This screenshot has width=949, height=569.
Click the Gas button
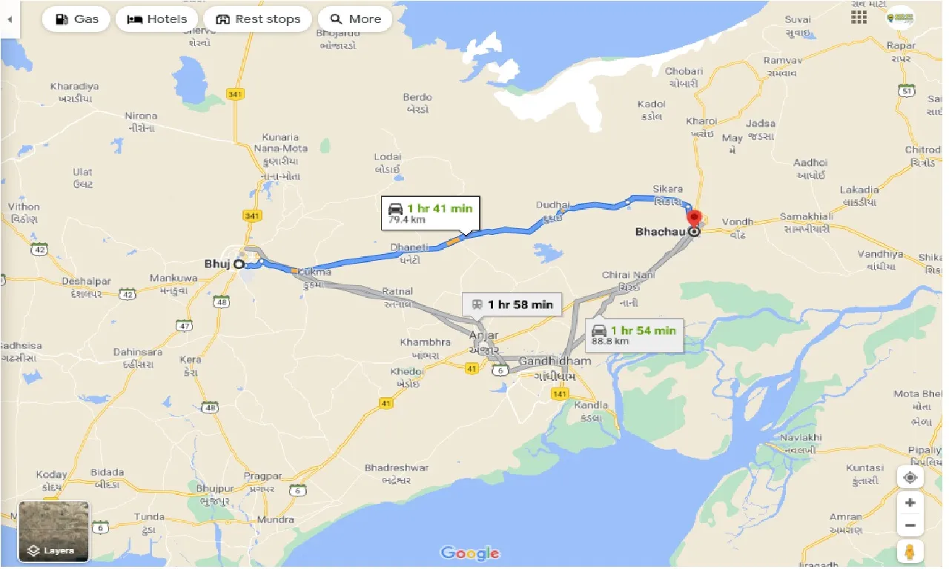coord(76,19)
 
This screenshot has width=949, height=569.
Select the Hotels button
coord(156,19)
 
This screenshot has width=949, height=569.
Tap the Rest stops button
coord(257,19)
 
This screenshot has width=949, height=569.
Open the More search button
coord(355,19)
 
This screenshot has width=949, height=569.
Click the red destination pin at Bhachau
coord(695,220)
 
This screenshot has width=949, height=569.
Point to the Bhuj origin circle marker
coord(239,263)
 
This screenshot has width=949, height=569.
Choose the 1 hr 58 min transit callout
coord(512,305)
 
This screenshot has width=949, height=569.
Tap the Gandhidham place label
coord(555,362)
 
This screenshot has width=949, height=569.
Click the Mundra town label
coord(275,520)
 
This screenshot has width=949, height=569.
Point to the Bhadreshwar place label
coord(397,468)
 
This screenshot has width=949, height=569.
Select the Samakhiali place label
coord(806,216)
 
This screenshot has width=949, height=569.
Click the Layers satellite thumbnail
coord(53,531)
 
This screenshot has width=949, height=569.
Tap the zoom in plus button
coord(910,502)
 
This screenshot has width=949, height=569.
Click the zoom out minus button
coord(910,526)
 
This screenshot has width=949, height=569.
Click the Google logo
coord(470,553)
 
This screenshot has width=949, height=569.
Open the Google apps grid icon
coord(859,17)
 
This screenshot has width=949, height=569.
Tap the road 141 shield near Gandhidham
coord(560,394)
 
